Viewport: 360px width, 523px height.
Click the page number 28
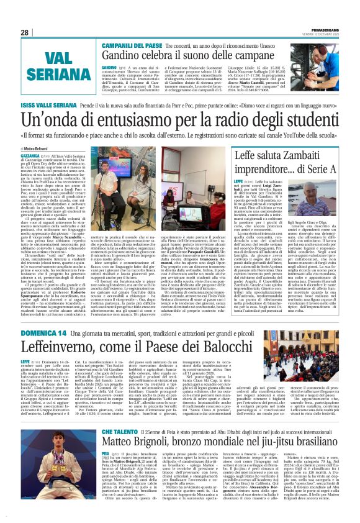point(25,32)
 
